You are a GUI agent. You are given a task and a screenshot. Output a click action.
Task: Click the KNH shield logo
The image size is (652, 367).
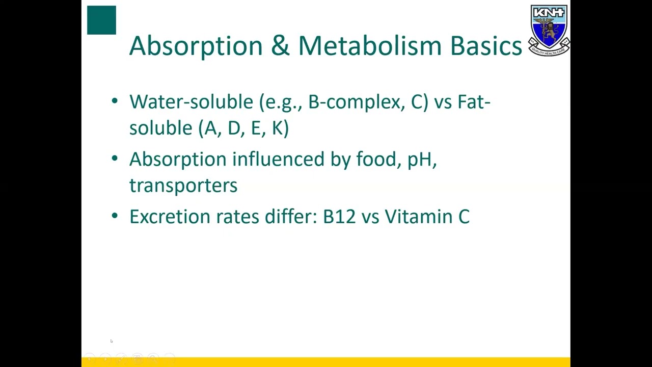tap(549, 30)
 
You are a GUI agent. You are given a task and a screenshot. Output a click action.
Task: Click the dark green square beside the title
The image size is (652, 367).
tap(101, 20)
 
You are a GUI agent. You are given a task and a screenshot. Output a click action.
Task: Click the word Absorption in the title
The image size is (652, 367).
tap(196, 46)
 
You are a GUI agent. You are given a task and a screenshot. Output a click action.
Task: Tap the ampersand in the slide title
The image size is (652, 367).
tap(280, 45)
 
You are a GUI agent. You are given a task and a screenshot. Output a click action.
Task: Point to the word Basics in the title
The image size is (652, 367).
tap(486, 45)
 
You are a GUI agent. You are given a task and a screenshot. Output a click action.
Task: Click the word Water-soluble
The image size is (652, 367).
tap(191, 102)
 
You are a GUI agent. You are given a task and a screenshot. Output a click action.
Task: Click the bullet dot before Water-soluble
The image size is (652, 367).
tap(115, 101)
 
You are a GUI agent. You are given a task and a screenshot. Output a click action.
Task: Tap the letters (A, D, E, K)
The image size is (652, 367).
tap(243, 128)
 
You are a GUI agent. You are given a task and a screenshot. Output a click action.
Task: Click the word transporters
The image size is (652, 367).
tap(183, 186)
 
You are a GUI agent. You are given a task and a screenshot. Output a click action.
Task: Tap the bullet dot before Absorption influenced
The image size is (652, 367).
tap(115, 159)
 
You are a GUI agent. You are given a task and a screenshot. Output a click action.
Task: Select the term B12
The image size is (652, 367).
tap(339, 217)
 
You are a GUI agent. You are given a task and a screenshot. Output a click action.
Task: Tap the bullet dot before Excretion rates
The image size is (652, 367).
tap(115, 216)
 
